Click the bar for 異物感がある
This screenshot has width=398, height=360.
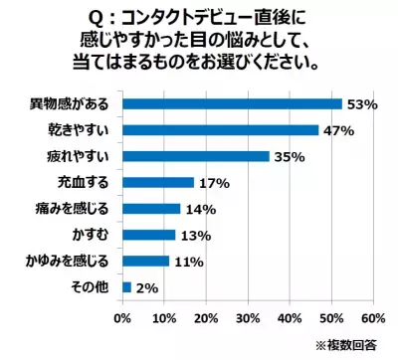[232, 103]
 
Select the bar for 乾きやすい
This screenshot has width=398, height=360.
[220, 129]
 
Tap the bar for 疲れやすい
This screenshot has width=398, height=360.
[195, 156]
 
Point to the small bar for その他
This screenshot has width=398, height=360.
[126, 286]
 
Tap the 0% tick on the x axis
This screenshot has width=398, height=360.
[122, 319]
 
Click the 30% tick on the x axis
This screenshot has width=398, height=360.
[248, 319]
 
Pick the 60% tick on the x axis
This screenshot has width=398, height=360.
[373, 319]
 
